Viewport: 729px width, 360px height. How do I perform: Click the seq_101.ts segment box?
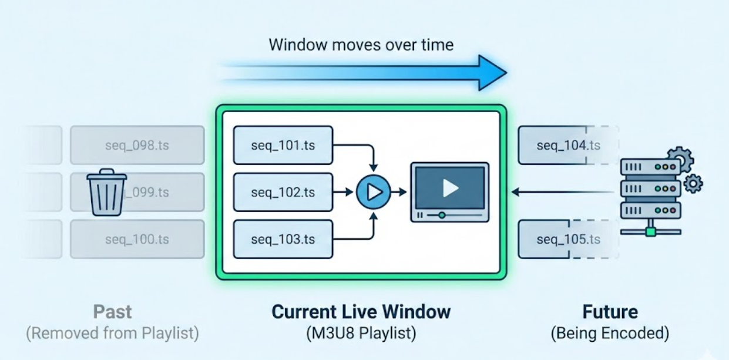point(283,144)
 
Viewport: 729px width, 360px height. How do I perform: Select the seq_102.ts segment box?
point(283,191)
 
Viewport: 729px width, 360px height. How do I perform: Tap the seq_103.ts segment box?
point(283,239)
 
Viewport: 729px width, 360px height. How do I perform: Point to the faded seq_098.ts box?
point(137,145)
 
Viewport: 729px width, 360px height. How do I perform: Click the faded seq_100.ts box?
point(137,239)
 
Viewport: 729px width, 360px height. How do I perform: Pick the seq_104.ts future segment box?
point(567,145)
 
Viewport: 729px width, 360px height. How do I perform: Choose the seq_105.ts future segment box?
point(567,239)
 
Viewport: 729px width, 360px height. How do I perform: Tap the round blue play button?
point(374,191)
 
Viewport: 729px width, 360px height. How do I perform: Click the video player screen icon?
point(450,191)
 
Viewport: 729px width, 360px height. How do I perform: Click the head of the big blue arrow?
point(491,73)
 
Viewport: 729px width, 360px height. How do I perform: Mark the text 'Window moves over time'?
point(361,45)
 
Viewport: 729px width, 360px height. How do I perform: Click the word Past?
point(112,311)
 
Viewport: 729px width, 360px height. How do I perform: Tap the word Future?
point(610,311)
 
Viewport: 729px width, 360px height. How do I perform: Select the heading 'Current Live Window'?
point(361,311)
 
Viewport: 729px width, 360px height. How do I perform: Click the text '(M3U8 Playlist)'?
point(361,334)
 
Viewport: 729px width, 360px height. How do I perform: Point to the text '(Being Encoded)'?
point(610,334)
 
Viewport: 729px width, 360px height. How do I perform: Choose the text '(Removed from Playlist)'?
point(112,334)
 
